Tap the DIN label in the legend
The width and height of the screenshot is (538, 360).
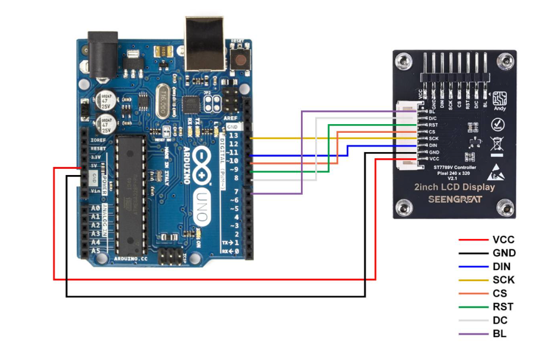tap(501, 266)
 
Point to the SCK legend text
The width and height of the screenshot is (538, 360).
tap(503, 280)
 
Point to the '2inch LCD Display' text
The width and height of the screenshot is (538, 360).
tap(454, 187)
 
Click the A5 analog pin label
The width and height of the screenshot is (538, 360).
tap(95, 251)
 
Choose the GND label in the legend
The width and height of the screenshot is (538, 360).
tap(503, 253)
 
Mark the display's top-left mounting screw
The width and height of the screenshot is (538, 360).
tap(405, 62)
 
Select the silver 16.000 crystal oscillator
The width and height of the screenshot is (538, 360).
tap(162, 97)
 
